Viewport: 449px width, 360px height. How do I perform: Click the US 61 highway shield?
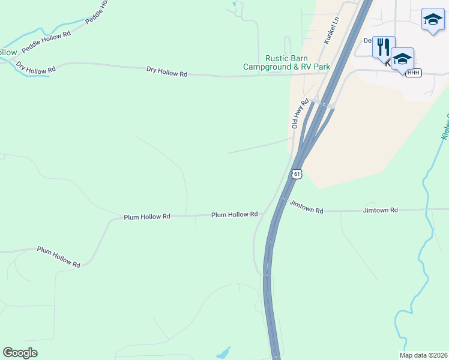[296, 174]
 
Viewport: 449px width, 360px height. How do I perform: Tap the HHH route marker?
[414, 73]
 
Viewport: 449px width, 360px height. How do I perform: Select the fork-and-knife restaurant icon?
[383, 46]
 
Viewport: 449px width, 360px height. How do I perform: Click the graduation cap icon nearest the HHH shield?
[402, 58]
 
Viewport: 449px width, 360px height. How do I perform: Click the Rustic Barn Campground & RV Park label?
[287, 63]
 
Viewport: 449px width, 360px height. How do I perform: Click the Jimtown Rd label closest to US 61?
[306, 207]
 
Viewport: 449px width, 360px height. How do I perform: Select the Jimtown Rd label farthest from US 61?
[380, 210]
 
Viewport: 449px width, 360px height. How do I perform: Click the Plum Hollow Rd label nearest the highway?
[234, 214]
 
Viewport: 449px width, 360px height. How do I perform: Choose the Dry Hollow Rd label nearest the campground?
[167, 73]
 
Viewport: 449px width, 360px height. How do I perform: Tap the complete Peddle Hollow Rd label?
[46, 41]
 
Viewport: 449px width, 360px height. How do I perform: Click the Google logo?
[20, 352]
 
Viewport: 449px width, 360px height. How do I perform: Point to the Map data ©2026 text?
[423, 355]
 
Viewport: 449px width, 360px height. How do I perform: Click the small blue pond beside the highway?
[223, 352]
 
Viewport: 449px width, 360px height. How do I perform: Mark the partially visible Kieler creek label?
[445, 127]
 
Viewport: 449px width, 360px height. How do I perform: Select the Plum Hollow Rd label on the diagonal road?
[58, 256]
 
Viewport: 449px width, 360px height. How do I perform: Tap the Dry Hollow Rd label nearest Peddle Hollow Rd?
[36, 67]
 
